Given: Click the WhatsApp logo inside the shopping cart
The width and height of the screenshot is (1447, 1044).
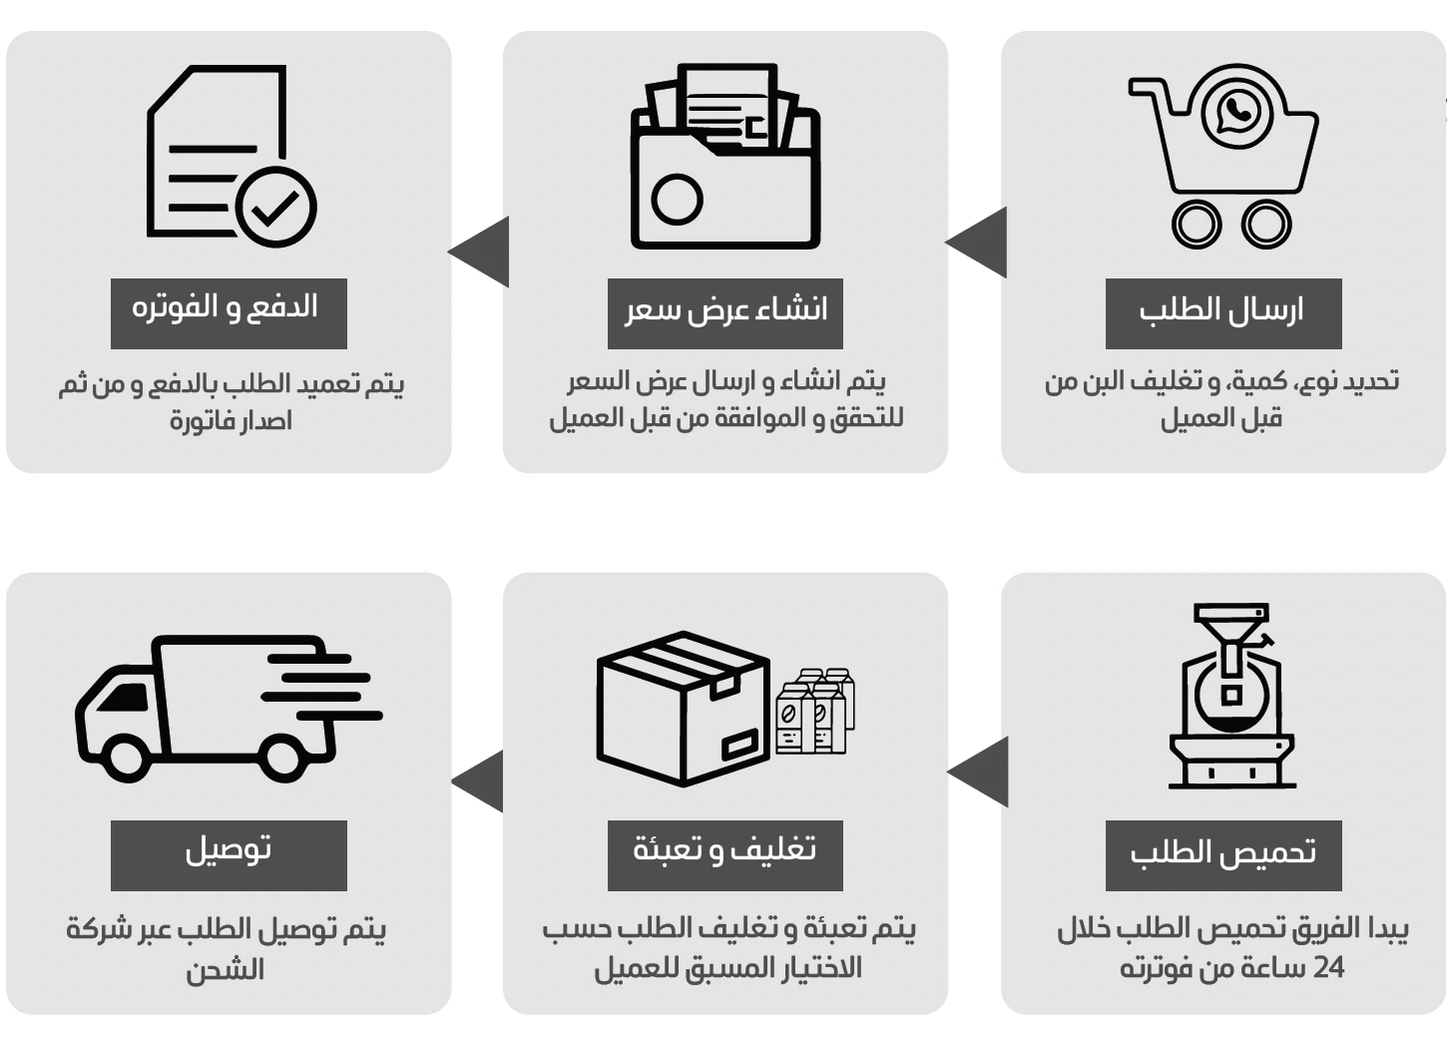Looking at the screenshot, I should [x=1237, y=111].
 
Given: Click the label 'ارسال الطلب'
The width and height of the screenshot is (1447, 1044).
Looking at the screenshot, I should [x=1222, y=310].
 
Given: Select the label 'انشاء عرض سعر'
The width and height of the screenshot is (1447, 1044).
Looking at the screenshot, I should [x=725, y=310].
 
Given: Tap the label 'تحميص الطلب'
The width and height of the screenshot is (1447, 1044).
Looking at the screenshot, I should [x=1222, y=853].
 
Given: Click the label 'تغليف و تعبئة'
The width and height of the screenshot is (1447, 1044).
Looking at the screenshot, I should [x=725, y=850].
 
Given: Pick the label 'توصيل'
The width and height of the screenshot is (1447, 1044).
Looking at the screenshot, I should [x=228, y=850].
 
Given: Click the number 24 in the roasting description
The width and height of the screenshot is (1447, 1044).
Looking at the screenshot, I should [x=1328, y=968].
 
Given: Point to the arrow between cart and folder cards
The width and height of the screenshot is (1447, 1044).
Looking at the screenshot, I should [x=979, y=243].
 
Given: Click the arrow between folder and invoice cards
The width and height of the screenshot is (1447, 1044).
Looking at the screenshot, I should [x=481, y=252].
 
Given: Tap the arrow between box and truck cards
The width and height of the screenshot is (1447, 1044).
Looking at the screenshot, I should [x=480, y=781].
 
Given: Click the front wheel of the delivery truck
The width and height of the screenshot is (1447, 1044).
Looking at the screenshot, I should [x=127, y=755].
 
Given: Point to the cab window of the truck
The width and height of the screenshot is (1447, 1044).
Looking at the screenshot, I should [x=122, y=697].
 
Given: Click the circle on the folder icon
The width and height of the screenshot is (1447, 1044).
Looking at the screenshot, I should [x=677, y=199].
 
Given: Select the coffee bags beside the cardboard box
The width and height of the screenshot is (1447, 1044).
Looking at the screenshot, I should [x=815, y=712].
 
